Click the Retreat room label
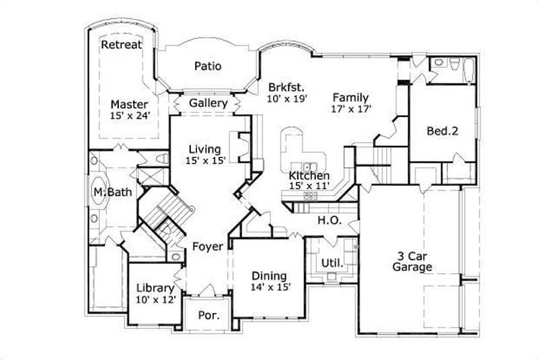122,45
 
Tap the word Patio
208,66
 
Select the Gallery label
208,103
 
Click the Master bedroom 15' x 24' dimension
130,115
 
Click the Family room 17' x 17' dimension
351,108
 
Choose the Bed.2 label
443,131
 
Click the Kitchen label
309,177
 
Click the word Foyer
207,247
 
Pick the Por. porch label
207,316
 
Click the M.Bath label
106,193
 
